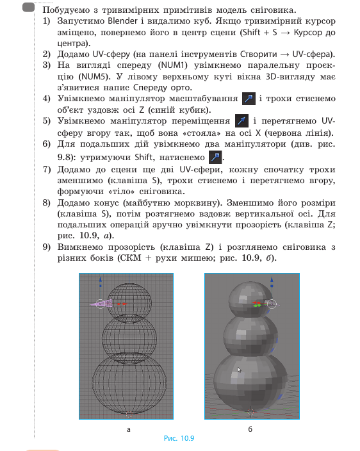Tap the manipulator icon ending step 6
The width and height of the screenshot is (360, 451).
217,157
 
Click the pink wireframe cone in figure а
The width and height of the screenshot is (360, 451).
101,304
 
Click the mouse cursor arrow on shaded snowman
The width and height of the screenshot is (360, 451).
238,370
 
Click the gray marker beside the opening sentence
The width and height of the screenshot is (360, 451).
28,8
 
